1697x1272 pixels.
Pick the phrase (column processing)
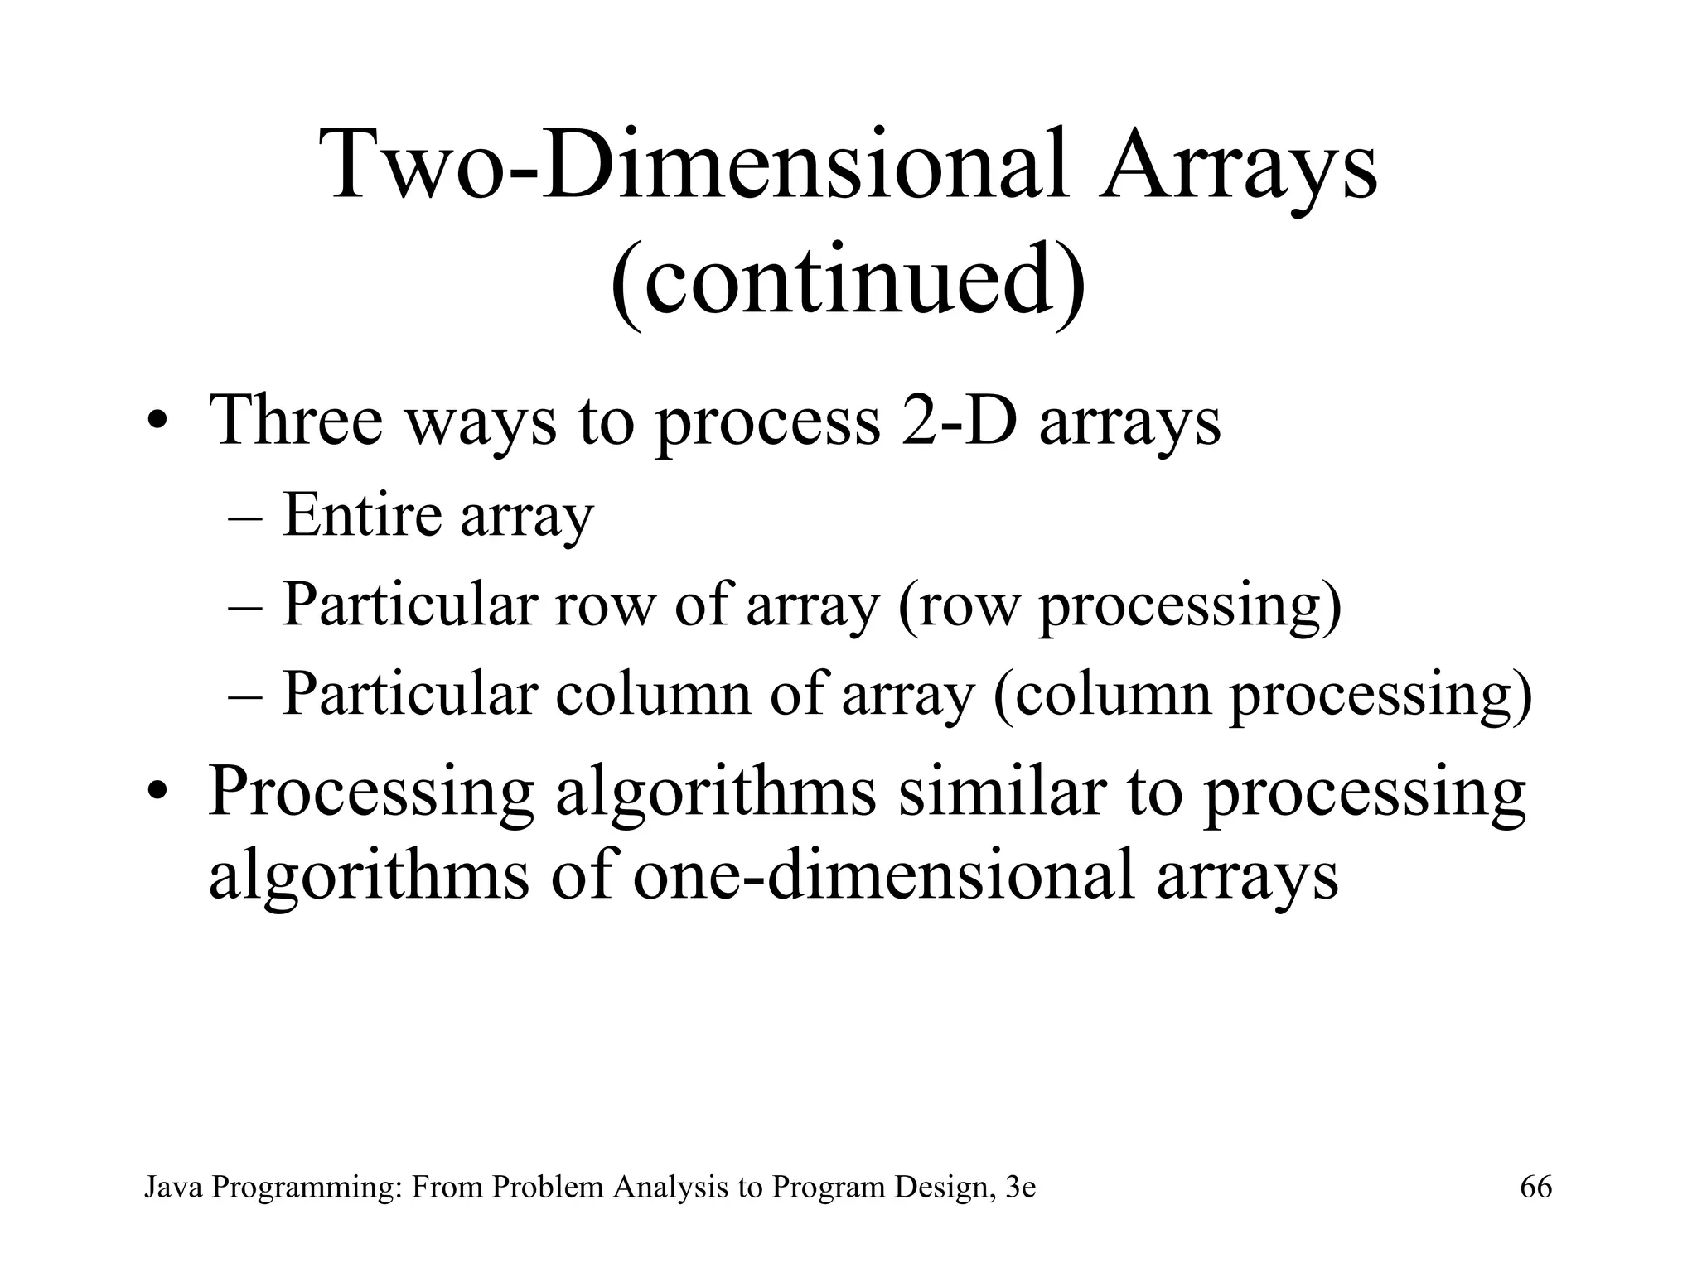point(1261,695)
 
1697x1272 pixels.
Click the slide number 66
point(1535,1187)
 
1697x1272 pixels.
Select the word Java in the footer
point(174,1187)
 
